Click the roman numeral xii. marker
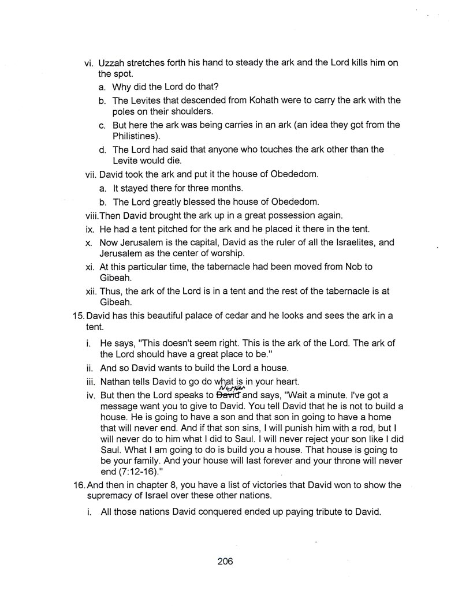tap(90, 290)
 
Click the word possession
tap(288, 216)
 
